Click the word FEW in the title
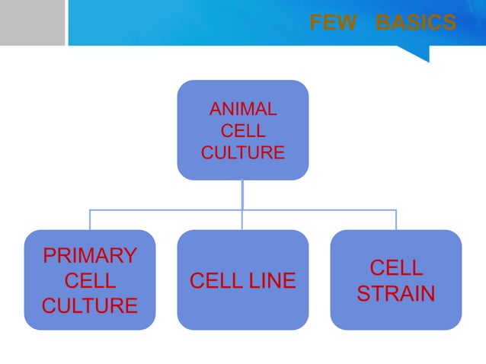332,24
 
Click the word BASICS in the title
416,24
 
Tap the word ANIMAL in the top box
243,111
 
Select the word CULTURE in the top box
243,153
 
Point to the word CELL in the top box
243,133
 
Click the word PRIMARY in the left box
90,255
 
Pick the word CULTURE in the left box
90,306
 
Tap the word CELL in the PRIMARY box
90,281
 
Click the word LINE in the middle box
271,281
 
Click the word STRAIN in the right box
396,293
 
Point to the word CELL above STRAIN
396,267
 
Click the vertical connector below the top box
243,193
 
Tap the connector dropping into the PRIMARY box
90,219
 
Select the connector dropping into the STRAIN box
396,219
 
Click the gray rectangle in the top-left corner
32,23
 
